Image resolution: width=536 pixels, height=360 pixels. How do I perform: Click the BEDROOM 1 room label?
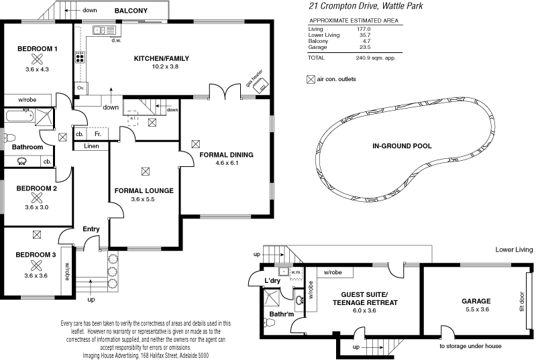[x=37, y=49]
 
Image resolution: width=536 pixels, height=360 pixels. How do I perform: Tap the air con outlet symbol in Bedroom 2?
[x=37, y=198]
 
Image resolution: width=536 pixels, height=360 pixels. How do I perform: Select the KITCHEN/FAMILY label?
[x=161, y=59]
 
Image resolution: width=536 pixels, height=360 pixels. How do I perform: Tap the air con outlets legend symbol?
[x=310, y=79]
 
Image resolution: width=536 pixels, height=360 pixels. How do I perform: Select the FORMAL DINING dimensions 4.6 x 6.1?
[x=227, y=163]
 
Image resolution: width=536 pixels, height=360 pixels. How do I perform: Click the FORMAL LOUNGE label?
[x=144, y=190]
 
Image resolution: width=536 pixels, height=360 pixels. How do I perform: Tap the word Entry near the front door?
[x=91, y=229]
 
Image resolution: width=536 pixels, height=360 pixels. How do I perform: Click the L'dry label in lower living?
[x=271, y=280]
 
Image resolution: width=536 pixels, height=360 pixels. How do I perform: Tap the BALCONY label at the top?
[x=131, y=11]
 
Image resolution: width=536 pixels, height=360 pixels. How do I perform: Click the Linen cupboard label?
[x=92, y=146]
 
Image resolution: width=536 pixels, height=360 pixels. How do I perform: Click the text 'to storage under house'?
[x=470, y=347]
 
